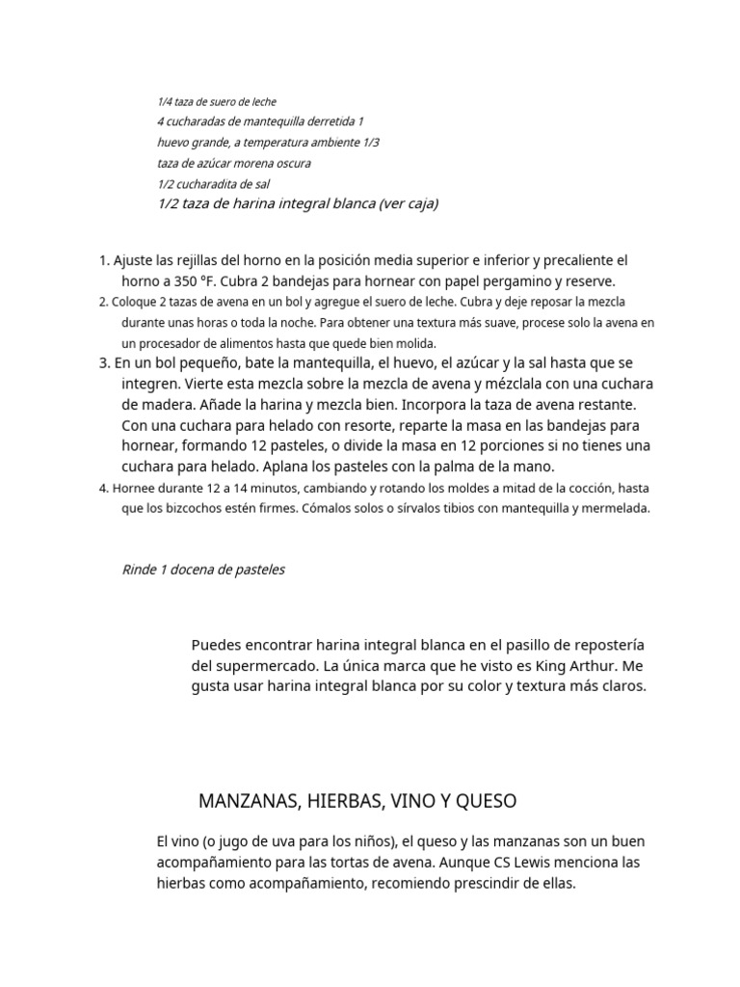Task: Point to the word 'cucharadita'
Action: click(210, 183)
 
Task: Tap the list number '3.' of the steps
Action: click(105, 363)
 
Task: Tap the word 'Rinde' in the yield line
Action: click(139, 570)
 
